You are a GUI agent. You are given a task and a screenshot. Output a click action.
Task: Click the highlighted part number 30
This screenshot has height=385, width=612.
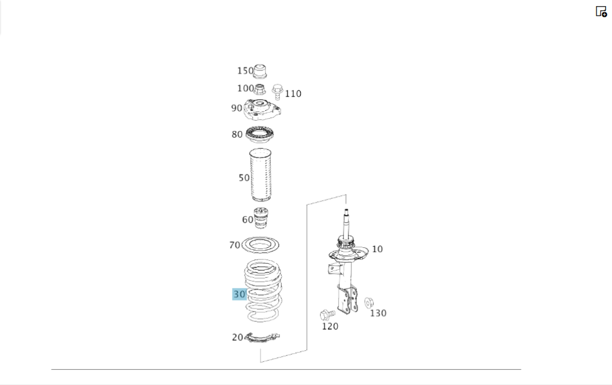[x=239, y=294]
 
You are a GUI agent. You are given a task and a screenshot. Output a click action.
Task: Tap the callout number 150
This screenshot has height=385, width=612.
[x=245, y=70]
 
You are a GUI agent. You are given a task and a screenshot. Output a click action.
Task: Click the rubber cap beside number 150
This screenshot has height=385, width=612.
[x=260, y=71]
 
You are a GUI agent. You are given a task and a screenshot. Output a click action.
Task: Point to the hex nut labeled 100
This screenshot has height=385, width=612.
[x=259, y=89]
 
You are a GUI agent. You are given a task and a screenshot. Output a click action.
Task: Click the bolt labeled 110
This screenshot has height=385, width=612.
[x=277, y=92]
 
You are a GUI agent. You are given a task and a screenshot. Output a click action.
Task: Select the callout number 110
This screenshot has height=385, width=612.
[x=293, y=94]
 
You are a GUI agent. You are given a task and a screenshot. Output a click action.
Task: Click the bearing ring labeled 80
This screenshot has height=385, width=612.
[x=259, y=135]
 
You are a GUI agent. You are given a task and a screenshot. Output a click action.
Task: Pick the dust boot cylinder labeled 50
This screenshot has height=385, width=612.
[x=260, y=175]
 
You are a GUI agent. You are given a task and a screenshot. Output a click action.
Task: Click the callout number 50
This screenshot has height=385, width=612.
[x=244, y=178]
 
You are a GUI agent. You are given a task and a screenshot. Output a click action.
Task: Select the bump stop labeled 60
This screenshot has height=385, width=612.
[x=261, y=219]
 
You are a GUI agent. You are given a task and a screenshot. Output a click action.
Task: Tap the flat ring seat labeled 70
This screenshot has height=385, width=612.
[x=260, y=239]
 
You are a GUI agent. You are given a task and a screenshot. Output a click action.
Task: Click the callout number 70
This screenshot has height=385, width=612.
[x=234, y=245]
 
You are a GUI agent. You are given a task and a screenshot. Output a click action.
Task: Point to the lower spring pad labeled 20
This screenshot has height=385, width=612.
[x=262, y=338]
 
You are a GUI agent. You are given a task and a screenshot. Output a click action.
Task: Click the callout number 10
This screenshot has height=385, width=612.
[x=377, y=249]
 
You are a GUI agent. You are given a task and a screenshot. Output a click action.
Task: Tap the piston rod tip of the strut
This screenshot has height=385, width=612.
[x=346, y=211]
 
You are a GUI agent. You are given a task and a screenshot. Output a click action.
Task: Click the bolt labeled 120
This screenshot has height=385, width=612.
[x=327, y=315]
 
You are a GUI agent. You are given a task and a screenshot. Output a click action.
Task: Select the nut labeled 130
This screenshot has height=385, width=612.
[x=369, y=302]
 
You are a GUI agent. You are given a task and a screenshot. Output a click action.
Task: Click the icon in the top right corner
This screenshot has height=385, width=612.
[x=601, y=11]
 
